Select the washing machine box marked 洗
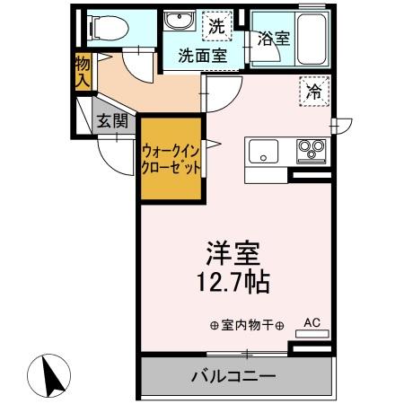point(215,26)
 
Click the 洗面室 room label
point(201,55)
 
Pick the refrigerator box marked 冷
point(314,91)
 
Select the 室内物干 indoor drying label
point(246,325)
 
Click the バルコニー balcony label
point(232,375)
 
